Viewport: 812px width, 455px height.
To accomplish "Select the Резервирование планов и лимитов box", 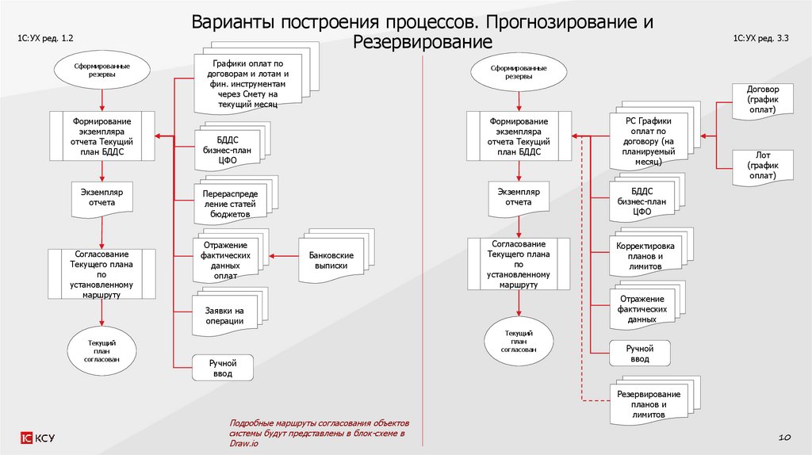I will pos(648,403).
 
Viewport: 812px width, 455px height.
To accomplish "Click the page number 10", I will pos(786,438).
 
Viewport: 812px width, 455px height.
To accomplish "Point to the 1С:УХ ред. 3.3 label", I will pos(760,38).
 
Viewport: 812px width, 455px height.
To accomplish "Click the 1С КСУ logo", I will pos(38,438).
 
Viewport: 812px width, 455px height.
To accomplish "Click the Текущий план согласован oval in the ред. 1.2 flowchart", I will pos(102,350).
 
